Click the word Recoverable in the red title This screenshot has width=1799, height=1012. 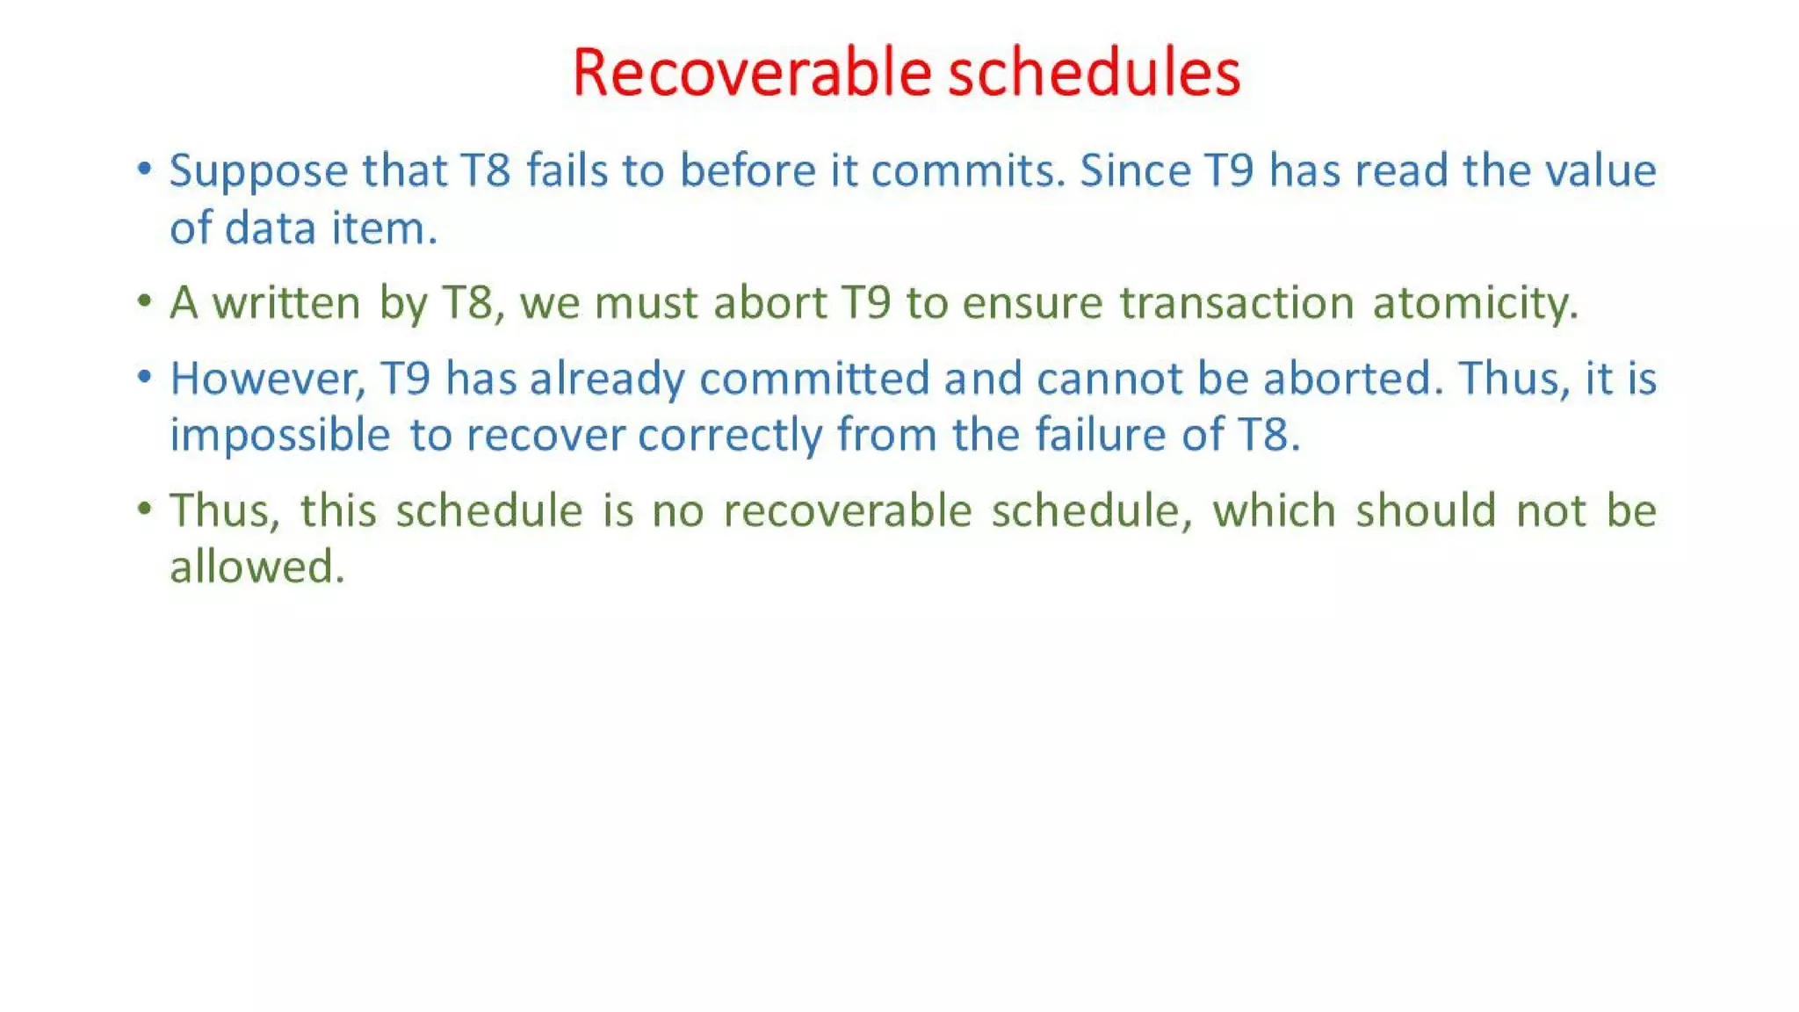[x=750, y=72]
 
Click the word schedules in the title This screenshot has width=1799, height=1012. [x=1094, y=72]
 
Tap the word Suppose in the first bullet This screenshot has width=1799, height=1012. [x=258, y=171]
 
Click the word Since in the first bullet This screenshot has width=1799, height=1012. [x=1134, y=170]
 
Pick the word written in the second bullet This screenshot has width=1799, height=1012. [x=286, y=303]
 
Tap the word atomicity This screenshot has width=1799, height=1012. [x=1475, y=304]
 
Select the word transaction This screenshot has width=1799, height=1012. [x=1237, y=303]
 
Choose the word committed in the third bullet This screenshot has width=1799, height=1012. [x=814, y=379]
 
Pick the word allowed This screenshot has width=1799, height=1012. [x=256, y=567]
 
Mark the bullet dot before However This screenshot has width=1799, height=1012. [x=145, y=378]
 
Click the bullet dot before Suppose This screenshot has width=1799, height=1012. [x=145, y=170]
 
